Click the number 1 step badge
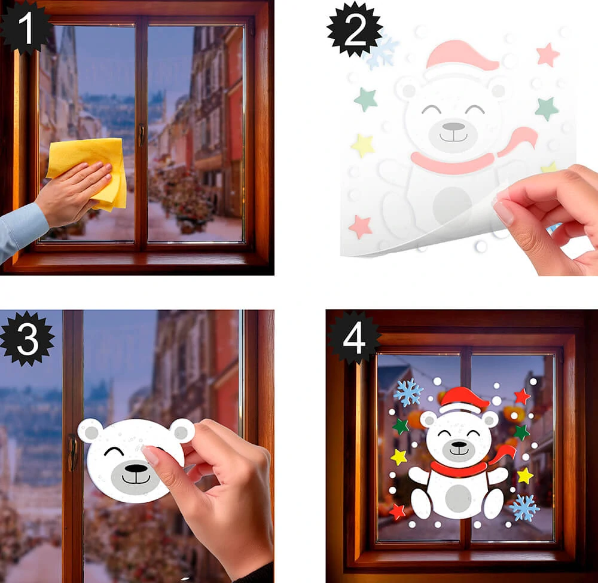(25, 27)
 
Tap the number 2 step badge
(354, 30)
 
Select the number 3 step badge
(28, 339)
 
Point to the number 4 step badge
(354, 338)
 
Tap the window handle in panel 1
(142, 135)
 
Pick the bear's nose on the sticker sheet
(453, 126)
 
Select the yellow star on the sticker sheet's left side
(363, 145)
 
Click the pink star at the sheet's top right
(548, 54)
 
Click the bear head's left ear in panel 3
(90, 431)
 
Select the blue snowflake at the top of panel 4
(408, 392)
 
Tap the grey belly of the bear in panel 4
(458, 499)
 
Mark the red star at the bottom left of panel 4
(397, 511)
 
